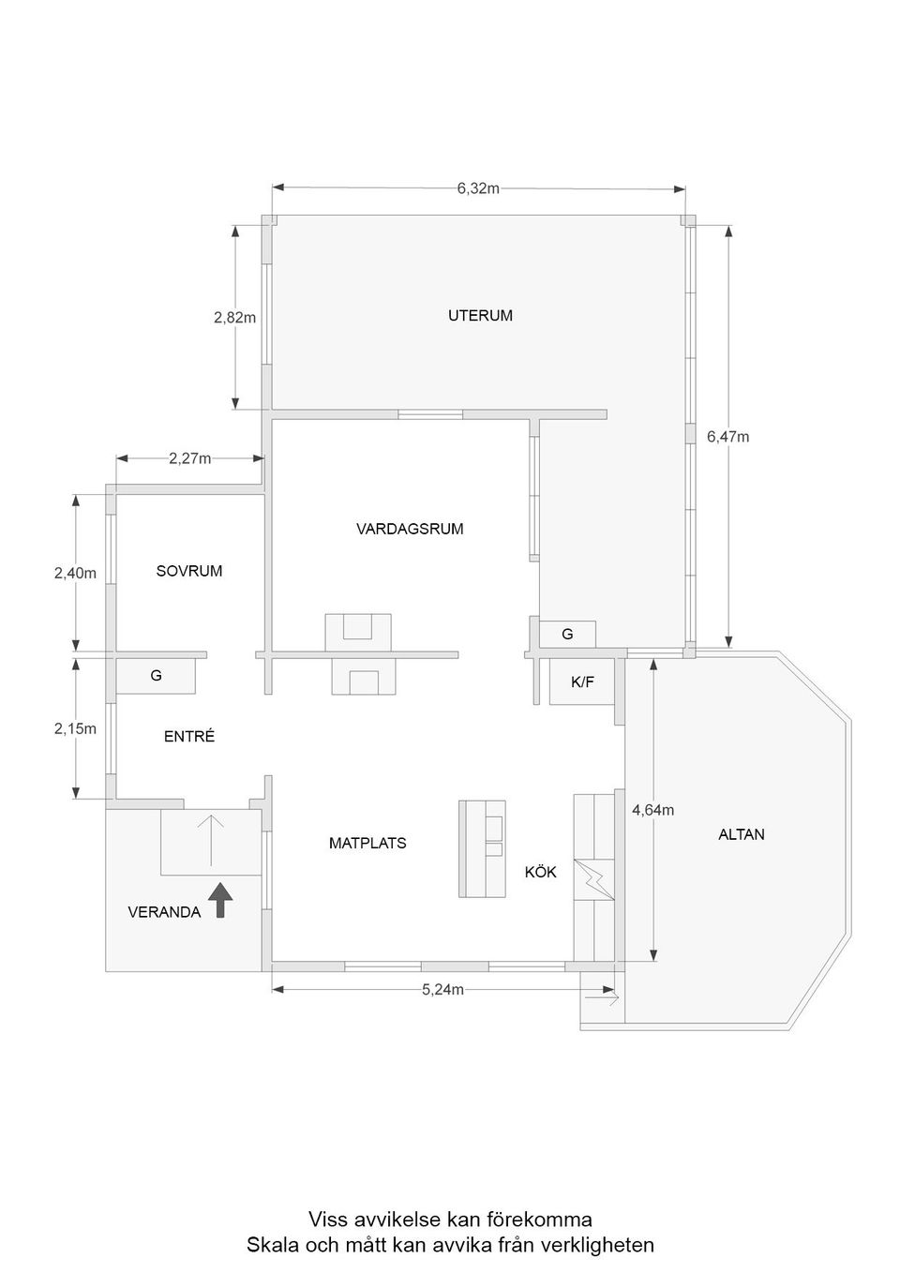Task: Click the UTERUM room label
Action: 480,316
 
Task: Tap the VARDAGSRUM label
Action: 410,529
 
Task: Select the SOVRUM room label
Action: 189,571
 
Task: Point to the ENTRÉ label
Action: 189,737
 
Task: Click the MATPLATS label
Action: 367,844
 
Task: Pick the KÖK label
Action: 540,873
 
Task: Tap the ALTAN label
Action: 742,834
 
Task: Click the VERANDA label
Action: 164,912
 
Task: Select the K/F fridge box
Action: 582,682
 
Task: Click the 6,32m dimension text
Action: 478,188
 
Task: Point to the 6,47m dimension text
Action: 727,437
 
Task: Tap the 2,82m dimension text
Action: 234,318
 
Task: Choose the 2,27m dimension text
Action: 189,458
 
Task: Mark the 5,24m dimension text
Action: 442,990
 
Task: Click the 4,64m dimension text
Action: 652,811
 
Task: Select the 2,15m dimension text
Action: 75,728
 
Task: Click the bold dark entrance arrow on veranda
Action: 219,900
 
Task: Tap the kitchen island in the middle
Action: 482,848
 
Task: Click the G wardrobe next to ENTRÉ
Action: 156,675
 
